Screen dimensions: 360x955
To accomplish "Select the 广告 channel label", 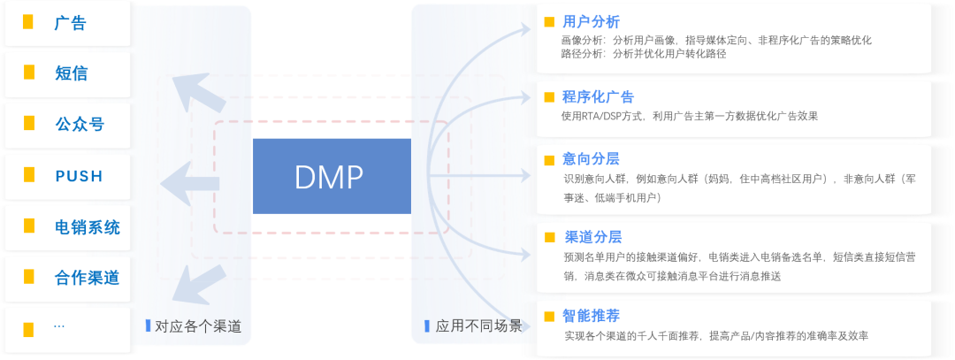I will click(x=71, y=24).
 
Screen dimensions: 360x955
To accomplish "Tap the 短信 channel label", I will click(x=71, y=73).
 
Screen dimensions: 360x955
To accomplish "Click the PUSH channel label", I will click(x=80, y=176).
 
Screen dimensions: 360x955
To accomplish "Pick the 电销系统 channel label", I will click(x=87, y=227).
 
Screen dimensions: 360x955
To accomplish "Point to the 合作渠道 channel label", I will click(x=87, y=278).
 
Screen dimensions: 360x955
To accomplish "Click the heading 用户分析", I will click(x=591, y=21).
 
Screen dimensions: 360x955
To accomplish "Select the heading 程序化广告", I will click(x=598, y=96).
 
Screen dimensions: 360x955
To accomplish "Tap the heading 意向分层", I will click(x=591, y=159).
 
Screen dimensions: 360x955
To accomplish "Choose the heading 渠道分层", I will click(x=592, y=236).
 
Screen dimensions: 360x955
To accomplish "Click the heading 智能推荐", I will click(x=591, y=316).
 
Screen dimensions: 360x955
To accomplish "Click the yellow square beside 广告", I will click(x=29, y=24).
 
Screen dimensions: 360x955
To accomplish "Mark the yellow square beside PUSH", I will click(x=29, y=175).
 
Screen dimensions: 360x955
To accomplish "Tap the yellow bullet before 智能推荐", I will click(x=549, y=316).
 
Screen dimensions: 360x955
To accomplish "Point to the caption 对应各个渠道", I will click(x=197, y=326).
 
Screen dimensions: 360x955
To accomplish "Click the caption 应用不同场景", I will click(x=478, y=326).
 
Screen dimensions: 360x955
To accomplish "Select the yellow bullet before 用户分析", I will click(x=549, y=22).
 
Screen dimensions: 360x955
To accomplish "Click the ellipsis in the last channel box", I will click(x=59, y=326).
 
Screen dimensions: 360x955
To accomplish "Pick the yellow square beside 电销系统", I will click(x=29, y=226).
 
